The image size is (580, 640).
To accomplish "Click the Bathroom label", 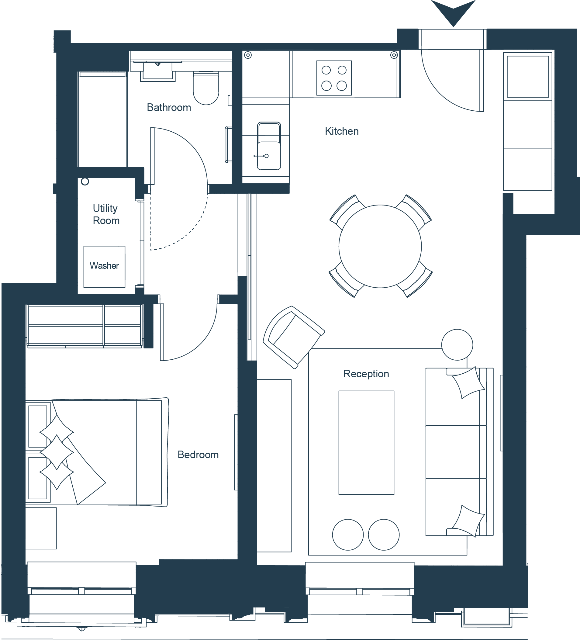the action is click(x=169, y=108).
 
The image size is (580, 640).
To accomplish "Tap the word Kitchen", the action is click(x=342, y=131).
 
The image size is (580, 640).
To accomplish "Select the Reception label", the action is click(x=366, y=374).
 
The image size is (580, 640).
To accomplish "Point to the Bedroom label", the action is click(x=198, y=455).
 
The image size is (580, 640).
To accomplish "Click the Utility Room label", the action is click(x=106, y=214).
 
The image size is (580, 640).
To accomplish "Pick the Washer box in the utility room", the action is click(x=105, y=267).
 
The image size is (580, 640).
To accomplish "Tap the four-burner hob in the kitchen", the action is click(x=334, y=78).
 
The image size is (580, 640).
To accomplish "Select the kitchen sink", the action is click(x=269, y=146).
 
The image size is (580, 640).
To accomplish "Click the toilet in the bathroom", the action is click(x=206, y=88).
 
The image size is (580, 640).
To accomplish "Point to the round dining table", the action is click(x=380, y=246).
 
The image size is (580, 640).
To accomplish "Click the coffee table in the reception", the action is click(x=366, y=443).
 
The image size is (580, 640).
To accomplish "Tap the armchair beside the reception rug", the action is click(x=294, y=337).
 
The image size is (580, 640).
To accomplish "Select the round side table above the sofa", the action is click(x=457, y=344).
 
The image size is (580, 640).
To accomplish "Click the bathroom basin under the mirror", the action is click(x=158, y=72).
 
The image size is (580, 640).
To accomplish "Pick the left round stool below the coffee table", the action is click(x=348, y=534).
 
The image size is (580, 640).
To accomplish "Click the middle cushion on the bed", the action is click(x=57, y=452).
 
